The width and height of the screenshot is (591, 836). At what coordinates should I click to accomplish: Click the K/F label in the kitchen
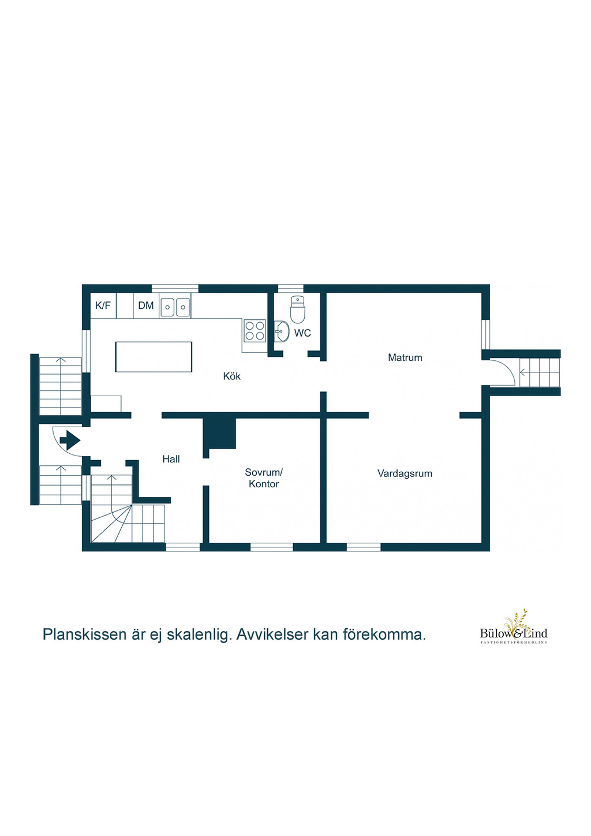click(x=103, y=305)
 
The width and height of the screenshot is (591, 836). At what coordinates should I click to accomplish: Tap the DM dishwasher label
click(x=146, y=305)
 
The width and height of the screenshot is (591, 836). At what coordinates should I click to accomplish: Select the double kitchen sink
click(x=175, y=307)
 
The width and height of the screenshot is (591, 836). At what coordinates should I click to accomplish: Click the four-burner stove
click(x=255, y=331)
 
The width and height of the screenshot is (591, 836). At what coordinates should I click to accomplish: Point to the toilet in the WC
click(x=298, y=309)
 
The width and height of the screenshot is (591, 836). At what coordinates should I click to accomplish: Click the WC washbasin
click(x=282, y=331)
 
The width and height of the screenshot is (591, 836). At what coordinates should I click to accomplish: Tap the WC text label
click(x=302, y=333)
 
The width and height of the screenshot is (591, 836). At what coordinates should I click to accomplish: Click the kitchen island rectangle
click(x=154, y=357)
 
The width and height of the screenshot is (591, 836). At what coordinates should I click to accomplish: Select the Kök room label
click(x=231, y=376)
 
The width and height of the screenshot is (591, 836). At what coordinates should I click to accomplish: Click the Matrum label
click(x=405, y=357)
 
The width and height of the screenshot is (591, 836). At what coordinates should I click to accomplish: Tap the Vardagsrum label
click(x=405, y=473)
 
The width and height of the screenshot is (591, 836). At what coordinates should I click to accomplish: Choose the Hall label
click(x=171, y=459)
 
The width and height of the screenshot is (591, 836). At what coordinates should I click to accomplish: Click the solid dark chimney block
click(x=219, y=434)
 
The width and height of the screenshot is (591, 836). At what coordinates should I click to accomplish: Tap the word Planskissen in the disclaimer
click(x=85, y=635)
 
